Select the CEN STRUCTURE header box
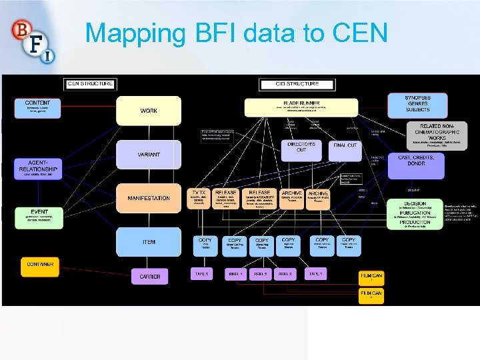(x=91, y=84)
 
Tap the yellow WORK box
(x=149, y=111)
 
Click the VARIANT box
(x=149, y=154)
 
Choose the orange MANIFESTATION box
(x=149, y=198)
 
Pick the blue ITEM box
(x=149, y=241)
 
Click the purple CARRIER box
(x=149, y=276)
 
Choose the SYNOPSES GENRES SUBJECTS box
(x=417, y=103)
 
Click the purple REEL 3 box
(x=286, y=274)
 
